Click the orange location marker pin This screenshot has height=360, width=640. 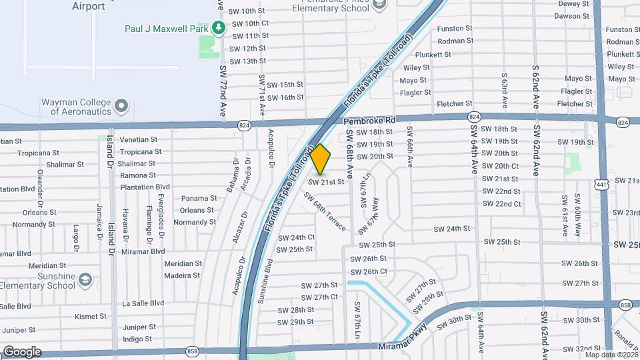point(321,159)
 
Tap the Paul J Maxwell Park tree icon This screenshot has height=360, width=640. point(218,28)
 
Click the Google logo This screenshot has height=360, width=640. point(22,351)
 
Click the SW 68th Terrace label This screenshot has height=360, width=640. point(325,212)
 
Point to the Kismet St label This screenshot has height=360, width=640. point(91,316)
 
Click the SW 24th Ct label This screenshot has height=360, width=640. point(296,237)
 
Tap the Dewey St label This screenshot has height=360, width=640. point(574,3)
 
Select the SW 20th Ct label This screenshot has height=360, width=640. point(499,166)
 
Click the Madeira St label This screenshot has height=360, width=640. point(182,275)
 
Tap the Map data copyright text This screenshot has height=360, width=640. point(611,355)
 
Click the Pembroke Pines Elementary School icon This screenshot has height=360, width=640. point(379,5)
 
